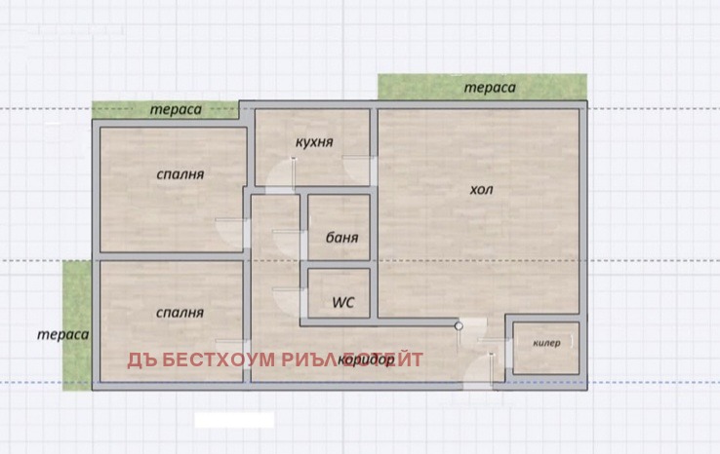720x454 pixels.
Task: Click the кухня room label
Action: click(314, 141)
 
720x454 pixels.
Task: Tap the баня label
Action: click(340, 237)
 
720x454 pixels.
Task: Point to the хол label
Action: click(481, 190)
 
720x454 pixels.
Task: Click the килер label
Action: click(546, 343)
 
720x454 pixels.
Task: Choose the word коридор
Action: click(366, 360)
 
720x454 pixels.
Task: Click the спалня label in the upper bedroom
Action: click(180, 174)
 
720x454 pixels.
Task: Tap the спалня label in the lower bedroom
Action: click(180, 313)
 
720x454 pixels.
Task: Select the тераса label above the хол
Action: click(490, 88)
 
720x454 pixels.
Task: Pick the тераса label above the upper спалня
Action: click(176, 109)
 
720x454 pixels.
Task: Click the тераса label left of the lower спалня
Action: click(63, 334)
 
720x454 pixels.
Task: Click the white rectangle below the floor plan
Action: click(234, 420)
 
